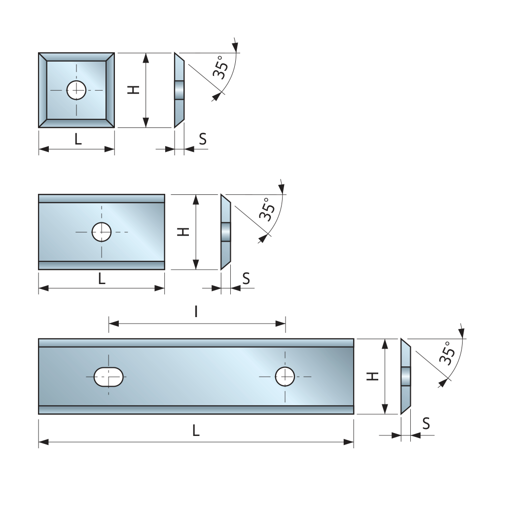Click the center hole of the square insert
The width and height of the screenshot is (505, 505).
pyautogui.click(x=76, y=90)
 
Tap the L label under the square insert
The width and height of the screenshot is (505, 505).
pyautogui.click(x=78, y=140)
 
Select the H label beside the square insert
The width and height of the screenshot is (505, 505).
pyautogui.click(x=134, y=90)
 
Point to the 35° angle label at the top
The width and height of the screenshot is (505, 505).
pyautogui.click(x=220, y=68)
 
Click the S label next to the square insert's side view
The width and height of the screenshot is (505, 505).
pyautogui.click(x=203, y=139)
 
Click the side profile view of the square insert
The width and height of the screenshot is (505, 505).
pyautogui.click(x=180, y=90)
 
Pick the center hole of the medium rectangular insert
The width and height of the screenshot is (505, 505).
pyautogui.click(x=102, y=232)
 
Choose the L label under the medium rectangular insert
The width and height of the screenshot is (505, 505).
pyautogui.click(x=102, y=279)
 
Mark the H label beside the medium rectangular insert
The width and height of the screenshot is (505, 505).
pyautogui.click(x=183, y=232)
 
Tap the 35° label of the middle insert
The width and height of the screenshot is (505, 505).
pyautogui.click(x=267, y=209)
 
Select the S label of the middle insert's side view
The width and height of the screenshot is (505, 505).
pyautogui.click(x=246, y=279)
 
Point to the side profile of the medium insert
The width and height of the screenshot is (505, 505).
pyautogui.click(x=225, y=232)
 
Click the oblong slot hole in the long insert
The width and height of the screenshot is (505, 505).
pyautogui.click(x=108, y=377)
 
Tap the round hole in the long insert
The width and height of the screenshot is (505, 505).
pyautogui.click(x=285, y=377)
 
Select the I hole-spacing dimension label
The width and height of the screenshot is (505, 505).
pyautogui.click(x=196, y=311)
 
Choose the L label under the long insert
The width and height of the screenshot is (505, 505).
pyautogui.click(x=196, y=431)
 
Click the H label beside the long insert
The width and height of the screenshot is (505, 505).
pyautogui.click(x=374, y=376)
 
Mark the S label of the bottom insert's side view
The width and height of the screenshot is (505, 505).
pyautogui.click(x=426, y=423)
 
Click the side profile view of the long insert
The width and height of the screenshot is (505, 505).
pyautogui.click(x=405, y=376)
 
